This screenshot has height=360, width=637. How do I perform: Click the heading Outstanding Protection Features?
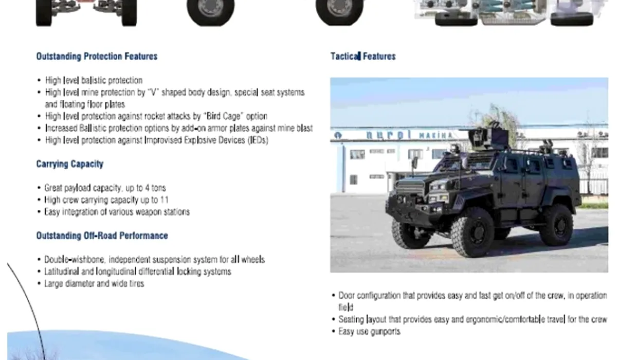(x=97, y=56)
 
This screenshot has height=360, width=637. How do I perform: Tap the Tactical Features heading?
(x=363, y=56)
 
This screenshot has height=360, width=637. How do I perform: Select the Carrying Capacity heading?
(x=70, y=164)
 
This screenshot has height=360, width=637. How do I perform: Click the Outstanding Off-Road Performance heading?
(x=102, y=236)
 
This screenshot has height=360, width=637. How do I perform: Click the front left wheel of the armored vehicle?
(x=472, y=233)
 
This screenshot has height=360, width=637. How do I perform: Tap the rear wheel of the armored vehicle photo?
(x=557, y=225)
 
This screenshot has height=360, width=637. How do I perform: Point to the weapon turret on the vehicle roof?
(x=488, y=138)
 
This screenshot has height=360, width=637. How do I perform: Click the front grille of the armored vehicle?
(x=410, y=188)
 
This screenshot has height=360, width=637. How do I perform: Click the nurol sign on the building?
(x=389, y=135)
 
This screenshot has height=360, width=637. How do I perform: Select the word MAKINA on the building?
(x=435, y=136)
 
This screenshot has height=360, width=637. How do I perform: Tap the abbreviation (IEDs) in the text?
(x=258, y=140)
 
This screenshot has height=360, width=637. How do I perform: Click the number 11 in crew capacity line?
(x=165, y=200)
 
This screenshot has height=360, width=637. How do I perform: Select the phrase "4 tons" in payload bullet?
(x=155, y=188)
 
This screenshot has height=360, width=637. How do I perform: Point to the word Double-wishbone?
(x=75, y=260)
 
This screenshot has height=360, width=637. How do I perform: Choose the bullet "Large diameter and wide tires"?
(x=94, y=283)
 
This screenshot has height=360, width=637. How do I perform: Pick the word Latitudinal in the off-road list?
(x=61, y=272)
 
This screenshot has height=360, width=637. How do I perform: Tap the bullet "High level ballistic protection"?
(x=94, y=80)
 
